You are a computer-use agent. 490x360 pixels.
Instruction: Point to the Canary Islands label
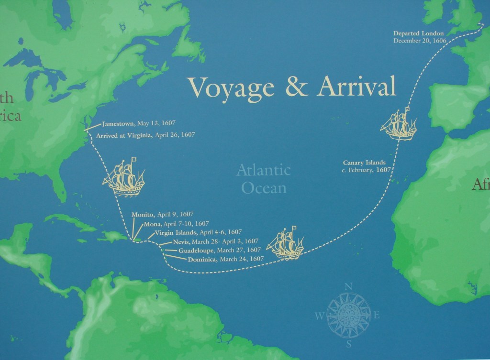[364, 166]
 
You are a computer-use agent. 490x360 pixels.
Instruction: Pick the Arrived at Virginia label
[145, 135]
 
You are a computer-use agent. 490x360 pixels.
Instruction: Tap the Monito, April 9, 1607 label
[162, 215]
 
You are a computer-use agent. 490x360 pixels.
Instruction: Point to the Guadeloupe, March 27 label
[219, 250]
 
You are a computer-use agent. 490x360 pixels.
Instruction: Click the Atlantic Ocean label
[264, 178]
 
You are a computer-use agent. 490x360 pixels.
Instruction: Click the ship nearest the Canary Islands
[399, 125]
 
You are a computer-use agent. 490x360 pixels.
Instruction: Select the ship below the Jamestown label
[124, 177]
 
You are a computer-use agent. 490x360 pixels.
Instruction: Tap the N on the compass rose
[348, 286]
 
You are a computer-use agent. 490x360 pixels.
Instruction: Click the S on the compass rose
[349, 343]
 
